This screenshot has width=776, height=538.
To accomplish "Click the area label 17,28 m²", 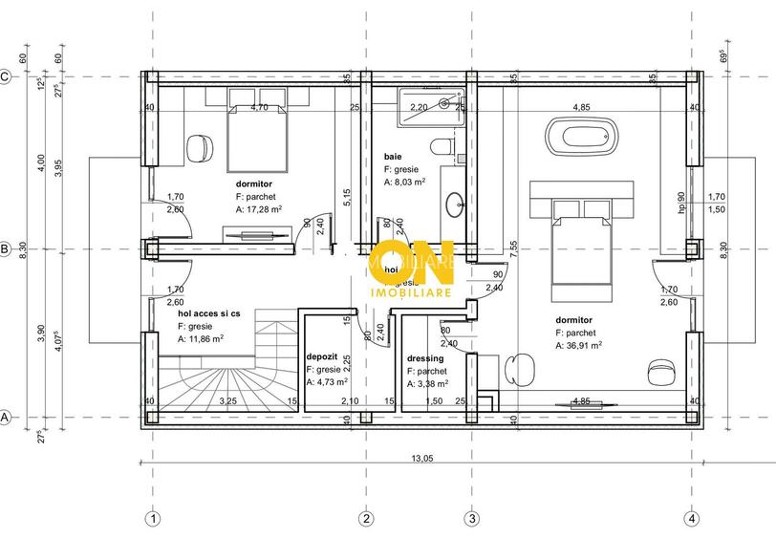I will pyautogui.click(x=261, y=208).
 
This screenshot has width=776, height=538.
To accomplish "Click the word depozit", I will pyautogui.click(x=320, y=355).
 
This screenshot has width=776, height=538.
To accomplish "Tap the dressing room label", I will pyautogui.click(x=423, y=358).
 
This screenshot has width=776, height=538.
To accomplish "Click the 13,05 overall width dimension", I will pyautogui.click(x=421, y=458).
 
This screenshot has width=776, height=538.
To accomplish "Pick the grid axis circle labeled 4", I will pyautogui.click(x=690, y=519).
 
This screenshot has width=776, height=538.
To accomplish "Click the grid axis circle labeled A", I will pyautogui.click(x=6, y=418).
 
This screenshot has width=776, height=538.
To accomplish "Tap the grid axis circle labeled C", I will pyautogui.click(x=6, y=77).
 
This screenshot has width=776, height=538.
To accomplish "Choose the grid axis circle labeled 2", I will pyautogui.click(x=365, y=519).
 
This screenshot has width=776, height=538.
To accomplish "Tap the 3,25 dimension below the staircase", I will pyautogui.click(x=228, y=401).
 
